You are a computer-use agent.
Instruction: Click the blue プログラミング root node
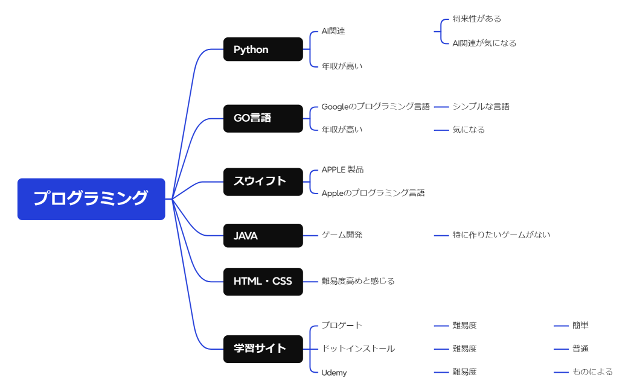click(x=91, y=199)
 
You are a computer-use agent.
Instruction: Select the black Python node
click(x=263, y=49)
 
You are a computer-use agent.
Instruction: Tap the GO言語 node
click(x=263, y=118)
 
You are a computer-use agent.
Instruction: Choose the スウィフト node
click(x=263, y=182)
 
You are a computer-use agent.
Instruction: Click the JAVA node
click(x=263, y=236)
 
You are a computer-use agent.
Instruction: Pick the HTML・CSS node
click(x=263, y=282)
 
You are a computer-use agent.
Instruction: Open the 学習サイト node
click(x=263, y=349)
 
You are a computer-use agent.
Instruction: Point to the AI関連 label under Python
click(x=333, y=31)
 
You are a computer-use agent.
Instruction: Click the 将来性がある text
click(x=477, y=19)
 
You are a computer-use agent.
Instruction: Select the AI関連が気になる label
click(x=484, y=43)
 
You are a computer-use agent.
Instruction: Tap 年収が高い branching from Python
click(x=342, y=66)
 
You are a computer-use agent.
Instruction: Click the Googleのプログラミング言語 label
click(x=376, y=107)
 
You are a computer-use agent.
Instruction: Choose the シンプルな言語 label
click(x=481, y=107)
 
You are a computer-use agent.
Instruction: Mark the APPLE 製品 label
click(x=342, y=170)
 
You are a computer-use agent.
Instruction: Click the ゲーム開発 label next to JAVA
click(x=342, y=235)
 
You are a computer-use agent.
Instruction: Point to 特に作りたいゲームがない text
click(x=501, y=235)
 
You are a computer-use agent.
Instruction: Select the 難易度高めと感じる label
click(x=358, y=281)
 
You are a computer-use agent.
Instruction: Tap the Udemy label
click(x=334, y=373)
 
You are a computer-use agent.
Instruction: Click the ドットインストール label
click(x=358, y=349)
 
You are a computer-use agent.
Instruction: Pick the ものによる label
click(x=592, y=372)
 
